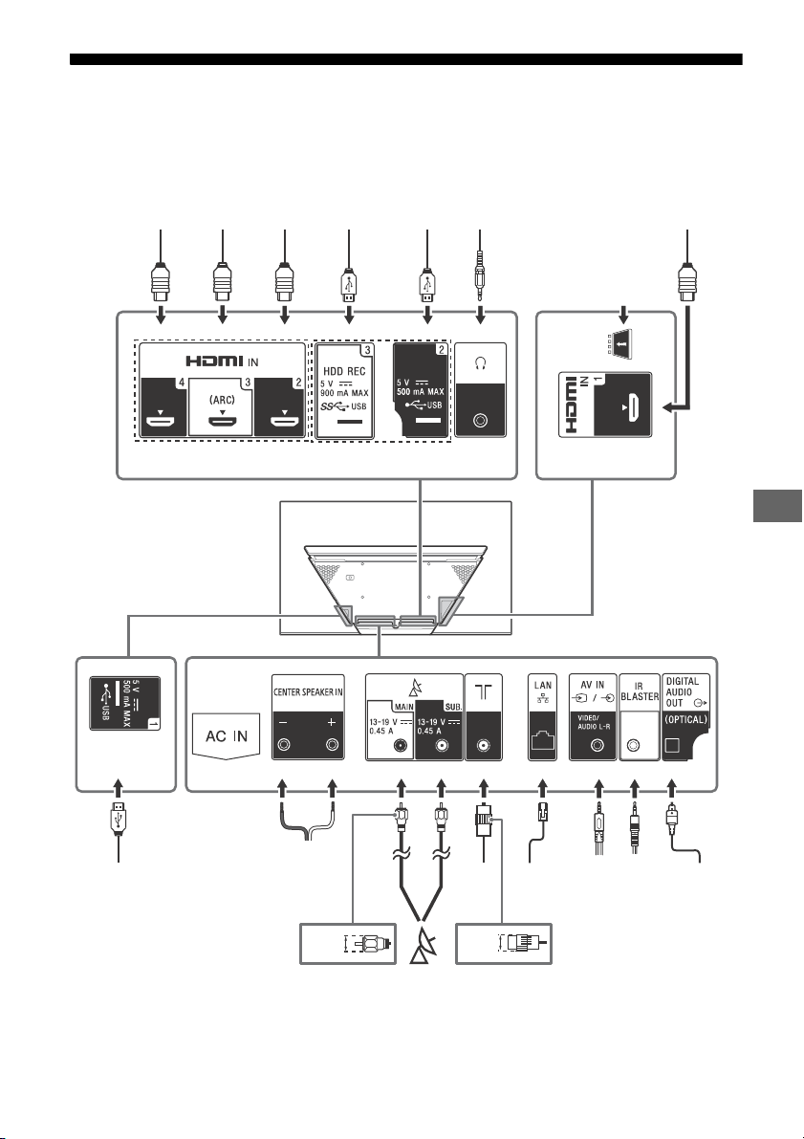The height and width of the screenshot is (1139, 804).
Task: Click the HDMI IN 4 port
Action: pos(161,421)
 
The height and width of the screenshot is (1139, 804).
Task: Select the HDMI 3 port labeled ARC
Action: pos(222,421)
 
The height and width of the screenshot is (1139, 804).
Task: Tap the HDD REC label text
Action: pos(344,371)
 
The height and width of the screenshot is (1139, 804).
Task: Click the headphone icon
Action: pos(479,362)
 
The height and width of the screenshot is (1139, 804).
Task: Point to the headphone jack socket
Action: pos(479,420)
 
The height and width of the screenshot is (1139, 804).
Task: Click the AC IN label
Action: pos(227,735)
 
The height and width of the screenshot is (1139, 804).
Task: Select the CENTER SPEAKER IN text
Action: pos(308,692)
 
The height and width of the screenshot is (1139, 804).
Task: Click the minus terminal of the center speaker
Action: pos(284,745)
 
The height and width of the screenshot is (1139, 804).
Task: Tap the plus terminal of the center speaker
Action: pos(333,745)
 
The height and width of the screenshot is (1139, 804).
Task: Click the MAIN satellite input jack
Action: pos(400,745)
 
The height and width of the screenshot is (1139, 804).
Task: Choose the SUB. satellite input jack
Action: pos(440,745)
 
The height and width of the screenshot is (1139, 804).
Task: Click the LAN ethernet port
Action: pos(542,742)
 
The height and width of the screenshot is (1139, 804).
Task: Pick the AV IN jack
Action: pos(598,745)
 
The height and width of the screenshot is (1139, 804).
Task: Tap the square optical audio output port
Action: pos(672,745)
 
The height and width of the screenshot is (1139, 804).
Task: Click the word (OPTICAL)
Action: pos(686,720)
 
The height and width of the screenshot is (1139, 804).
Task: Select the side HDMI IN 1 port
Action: pos(633,407)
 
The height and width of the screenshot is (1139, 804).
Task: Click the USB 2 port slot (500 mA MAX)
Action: pos(427,421)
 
